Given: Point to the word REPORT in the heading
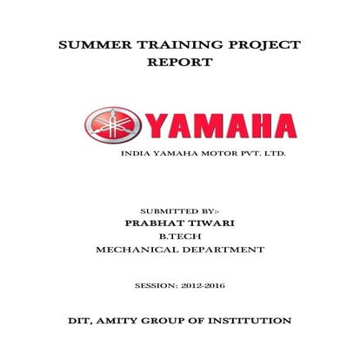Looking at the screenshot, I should (x=180, y=63).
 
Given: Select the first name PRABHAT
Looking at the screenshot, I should (x=156, y=223).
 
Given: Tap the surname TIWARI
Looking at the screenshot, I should (x=211, y=223).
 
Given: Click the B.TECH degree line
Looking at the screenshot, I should (x=180, y=237).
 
